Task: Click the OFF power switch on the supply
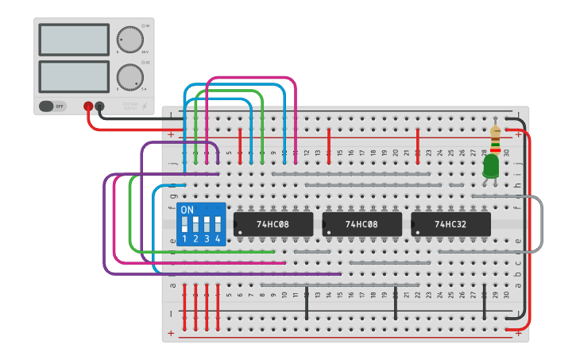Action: point(52,106)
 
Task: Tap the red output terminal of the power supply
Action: point(88,106)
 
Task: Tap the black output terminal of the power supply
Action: point(99,106)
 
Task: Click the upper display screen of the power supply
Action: point(73,40)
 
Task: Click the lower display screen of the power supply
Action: point(73,76)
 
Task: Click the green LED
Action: point(491,165)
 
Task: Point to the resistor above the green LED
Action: point(496,135)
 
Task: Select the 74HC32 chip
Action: point(450,224)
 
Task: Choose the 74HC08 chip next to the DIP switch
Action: point(273,224)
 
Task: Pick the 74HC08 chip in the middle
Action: point(361,224)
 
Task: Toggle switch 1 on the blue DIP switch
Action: point(184,225)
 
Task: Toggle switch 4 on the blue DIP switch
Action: point(217,225)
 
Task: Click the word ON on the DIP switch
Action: point(187,210)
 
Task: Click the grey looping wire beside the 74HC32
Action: point(542,224)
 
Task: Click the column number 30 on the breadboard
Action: point(506,152)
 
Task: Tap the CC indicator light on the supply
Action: point(143,62)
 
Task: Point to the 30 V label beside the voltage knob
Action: point(144,52)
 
